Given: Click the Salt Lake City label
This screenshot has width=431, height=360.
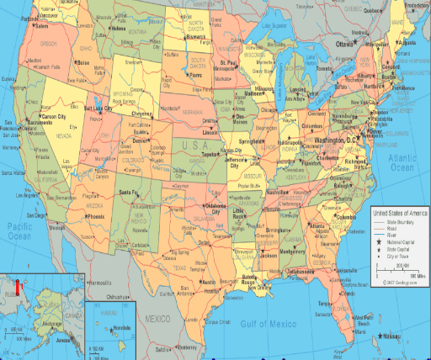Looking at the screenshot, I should click(x=99, y=108).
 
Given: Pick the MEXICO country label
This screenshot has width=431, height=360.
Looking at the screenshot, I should click(x=158, y=320).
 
